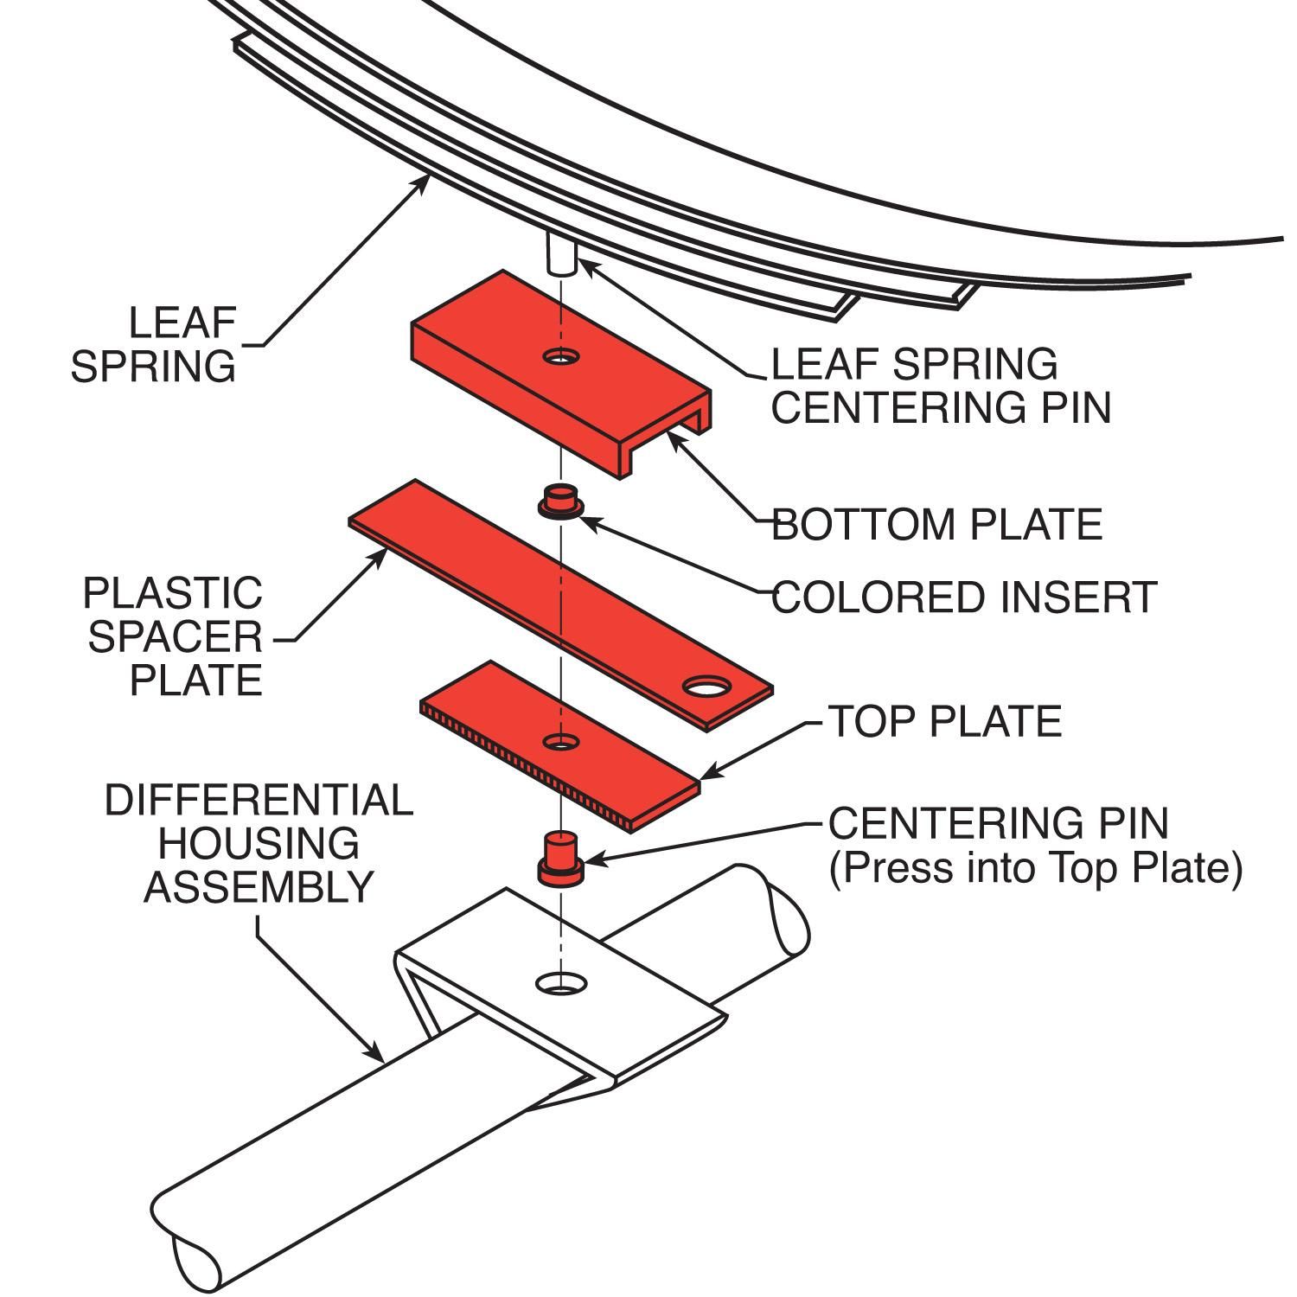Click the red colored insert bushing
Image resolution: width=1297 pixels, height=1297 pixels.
pyautogui.click(x=559, y=502)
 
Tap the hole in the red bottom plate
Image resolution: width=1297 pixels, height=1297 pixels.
pyautogui.click(x=560, y=355)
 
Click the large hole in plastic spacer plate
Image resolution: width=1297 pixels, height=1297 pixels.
pyautogui.click(x=706, y=687)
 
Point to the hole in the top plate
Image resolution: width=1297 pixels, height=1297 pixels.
pyautogui.click(x=560, y=741)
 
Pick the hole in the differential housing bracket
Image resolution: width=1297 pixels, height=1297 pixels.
pyautogui.click(x=560, y=983)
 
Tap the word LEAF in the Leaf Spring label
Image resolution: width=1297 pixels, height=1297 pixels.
pyautogui.click(x=182, y=323)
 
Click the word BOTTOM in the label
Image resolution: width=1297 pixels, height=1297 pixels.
pyautogui.click(x=865, y=525)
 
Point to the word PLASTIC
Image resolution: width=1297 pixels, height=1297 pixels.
pyautogui.click(x=172, y=594)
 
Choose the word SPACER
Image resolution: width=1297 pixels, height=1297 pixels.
pyautogui.click(x=175, y=637)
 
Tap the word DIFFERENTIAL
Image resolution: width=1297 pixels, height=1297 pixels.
pyautogui.click(x=259, y=801)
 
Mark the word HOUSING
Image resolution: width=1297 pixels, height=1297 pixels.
pyautogui.click(x=259, y=844)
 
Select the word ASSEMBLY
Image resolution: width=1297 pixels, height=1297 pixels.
pyautogui.click(x=259, y=887)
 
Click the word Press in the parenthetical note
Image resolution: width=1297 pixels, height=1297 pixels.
pyautogui.click(x=902, y=867)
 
